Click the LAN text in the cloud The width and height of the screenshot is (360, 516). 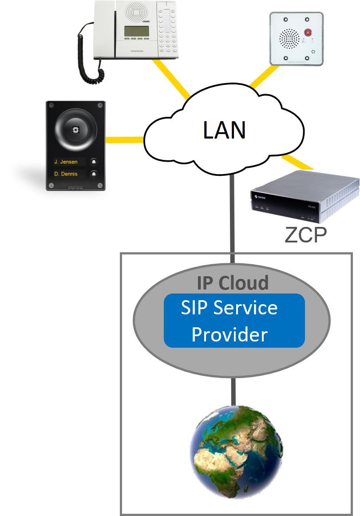(224, 130)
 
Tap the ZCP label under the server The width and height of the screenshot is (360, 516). (305, 236)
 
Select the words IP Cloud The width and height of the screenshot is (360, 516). (233, 283)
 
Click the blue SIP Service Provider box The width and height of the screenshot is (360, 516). (234, 321)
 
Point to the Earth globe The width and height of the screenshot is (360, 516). (236, 452)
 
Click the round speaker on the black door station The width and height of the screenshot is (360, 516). (75, 129)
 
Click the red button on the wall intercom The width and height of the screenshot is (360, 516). (308, 32)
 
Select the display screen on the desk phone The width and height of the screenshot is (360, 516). (136, 32)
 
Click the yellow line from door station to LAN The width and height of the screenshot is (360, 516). (125, 140)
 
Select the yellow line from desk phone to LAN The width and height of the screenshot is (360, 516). (171, 78)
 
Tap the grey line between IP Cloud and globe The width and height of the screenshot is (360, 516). (232, 391)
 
